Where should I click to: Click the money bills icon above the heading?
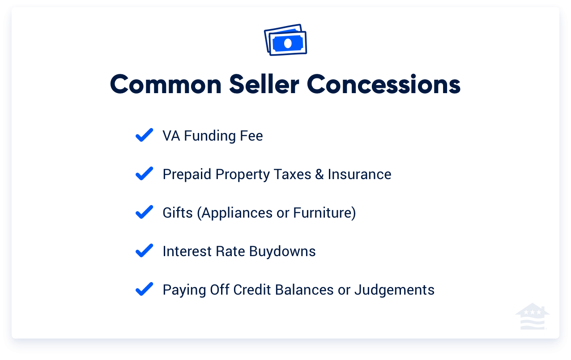click(x=285, y=40)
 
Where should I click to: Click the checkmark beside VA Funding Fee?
click(x=144, y=135)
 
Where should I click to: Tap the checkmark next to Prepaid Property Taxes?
click(x=144, y=174)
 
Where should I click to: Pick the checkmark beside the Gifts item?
click(x=144, y=212)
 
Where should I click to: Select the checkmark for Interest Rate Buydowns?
click(x=144, y=251)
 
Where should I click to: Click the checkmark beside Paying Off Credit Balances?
click(x=144, y=289)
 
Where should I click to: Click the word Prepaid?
click(x=187, y=174)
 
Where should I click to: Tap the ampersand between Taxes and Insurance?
click(x=319, y=174)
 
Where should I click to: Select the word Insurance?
click(x=359, y=174)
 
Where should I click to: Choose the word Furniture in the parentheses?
click(x=322, y=213)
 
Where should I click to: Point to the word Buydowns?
click(x=282, y=251)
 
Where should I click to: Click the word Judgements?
click(x=394, y=290)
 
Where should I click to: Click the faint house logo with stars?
click(x=532, y=317)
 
